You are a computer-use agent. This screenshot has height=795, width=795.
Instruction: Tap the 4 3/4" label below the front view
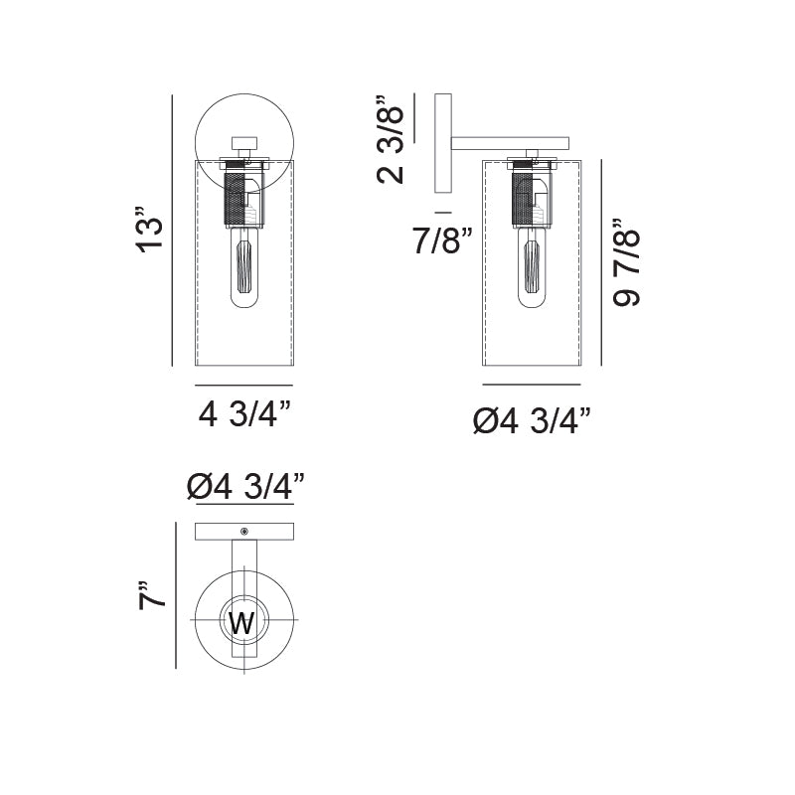click(244, 413)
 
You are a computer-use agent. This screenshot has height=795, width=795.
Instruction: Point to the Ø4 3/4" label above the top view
click(244, 487)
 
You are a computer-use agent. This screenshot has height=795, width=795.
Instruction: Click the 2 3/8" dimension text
click(391, 139)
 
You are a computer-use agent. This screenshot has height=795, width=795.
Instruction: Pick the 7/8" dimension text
click(438, 240)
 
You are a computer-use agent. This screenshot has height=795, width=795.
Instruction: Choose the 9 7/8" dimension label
click(627, 262)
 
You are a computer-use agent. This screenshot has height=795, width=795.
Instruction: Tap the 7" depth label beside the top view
click(151, 595)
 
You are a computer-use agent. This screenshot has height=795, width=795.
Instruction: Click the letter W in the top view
click(242, 624)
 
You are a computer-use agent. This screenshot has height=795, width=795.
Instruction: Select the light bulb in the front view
click(244, 268)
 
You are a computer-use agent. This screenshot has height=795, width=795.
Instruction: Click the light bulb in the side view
click(532, 268)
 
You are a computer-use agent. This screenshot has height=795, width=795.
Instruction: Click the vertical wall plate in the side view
click(443, 144)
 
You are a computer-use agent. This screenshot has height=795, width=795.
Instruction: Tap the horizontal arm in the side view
click(509, 143)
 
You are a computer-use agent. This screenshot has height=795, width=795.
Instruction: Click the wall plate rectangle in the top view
click(219, 533)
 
